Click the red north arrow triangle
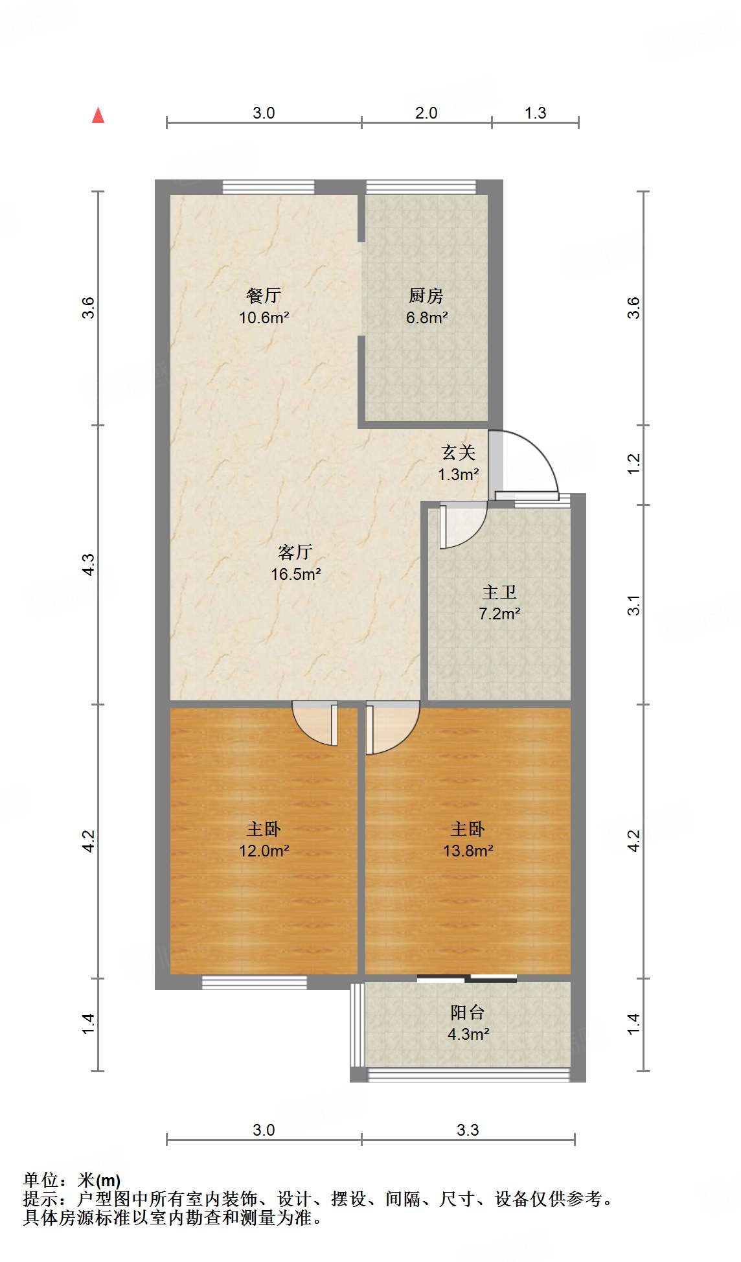pyautogui.click(x=98, y=115)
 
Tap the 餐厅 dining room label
pyautogui.click(x=264, y=295)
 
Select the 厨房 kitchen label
pyautogui.click(x=426, y=295)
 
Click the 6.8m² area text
pyautogui.click(x=427, y=317)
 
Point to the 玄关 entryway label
pyautogui.click(x=459, y=452)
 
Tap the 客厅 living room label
pyautogui.click(x=295, y=552)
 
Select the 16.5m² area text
pyautogui.click(x=296, y=574)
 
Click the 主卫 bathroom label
pyautogui.click(x=499, y=592)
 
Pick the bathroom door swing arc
pyautogui.click(x=463, y=526)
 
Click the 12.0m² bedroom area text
pyautogui.click(x=264, y=851)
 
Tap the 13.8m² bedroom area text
pyautogui.click(x=468, y=851)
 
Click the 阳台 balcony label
pyautogui.click(x=468, y=1012)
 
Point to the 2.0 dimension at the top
pyautogui.click(x=426, y=113)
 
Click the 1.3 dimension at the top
pyautogui.click(x=535, y=113)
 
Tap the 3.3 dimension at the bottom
pyautogui.click(x=468, y=1130)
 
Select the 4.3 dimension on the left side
pyautogui.click(x=88, y=564)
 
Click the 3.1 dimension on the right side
pyautogui.click(x=633, y=604)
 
